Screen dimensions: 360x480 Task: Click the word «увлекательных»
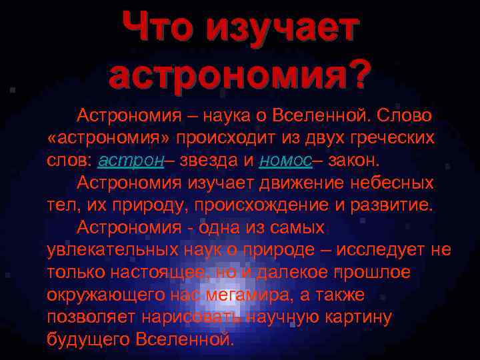coord(112,251)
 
